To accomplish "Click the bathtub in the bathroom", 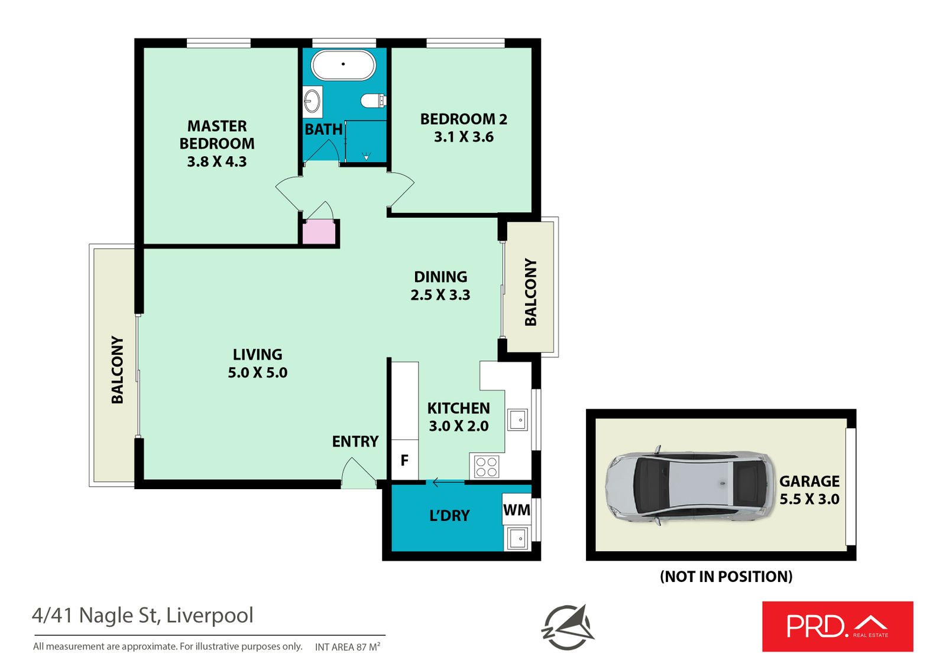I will click(343, 64).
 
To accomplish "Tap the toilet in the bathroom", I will click(373, 101).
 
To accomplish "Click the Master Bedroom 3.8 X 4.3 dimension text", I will click(217, 161).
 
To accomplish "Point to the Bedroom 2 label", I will click(464, 119).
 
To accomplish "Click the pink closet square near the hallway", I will click(319, 232).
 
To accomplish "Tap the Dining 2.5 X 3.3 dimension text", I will click(440, 295).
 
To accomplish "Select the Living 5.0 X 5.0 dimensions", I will click(258, 373).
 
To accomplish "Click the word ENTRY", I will click(355, 441).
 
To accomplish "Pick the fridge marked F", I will click(404, 460).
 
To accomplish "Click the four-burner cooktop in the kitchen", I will click(487, 467).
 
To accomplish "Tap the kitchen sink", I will click(517, 420).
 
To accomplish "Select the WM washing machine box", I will click(516, 510).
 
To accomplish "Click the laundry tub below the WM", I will click(517, 539).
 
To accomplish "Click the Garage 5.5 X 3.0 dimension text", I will click(809, 499).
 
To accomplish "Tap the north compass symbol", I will click(568, 627).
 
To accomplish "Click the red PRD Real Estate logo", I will click(837, 626).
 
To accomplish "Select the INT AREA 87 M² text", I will click(347, 647).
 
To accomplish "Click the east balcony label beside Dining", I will click(530, 292).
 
